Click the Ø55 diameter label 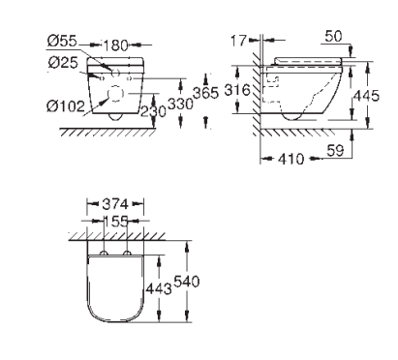click(62, 41)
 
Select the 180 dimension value click(115, 45)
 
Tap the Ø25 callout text click(63, 62)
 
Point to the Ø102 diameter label click(66, 105)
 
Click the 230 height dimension click(153, 111)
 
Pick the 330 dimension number click(180, 104)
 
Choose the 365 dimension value click(205, 93)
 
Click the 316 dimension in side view click(237, 90)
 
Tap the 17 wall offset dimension click(238, 41)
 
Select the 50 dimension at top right click(333, 36)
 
